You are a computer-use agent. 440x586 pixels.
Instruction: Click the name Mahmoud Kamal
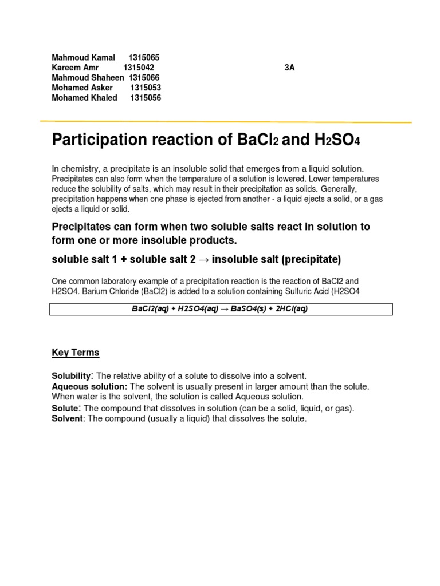click(83, 57)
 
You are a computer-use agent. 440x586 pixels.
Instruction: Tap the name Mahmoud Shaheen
click(88, 78)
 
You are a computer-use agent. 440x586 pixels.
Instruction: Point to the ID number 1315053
click(146, 88)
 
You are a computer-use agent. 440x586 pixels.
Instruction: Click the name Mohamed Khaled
click(84, 98)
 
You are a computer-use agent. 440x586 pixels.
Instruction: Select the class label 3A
click(289, 68)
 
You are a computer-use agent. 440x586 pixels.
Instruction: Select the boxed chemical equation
click(222, 309)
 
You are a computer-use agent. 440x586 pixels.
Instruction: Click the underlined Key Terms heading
click(75, 353)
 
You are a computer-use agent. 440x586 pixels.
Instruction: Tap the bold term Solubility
click(72, 376)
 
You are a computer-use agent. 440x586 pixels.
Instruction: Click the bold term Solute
click(65, 409)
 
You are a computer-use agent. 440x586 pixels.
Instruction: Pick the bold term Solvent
click(67, 419)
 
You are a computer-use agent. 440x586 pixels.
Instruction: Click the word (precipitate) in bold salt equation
click(310, 260)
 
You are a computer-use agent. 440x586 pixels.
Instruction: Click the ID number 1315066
click(144, 78)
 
